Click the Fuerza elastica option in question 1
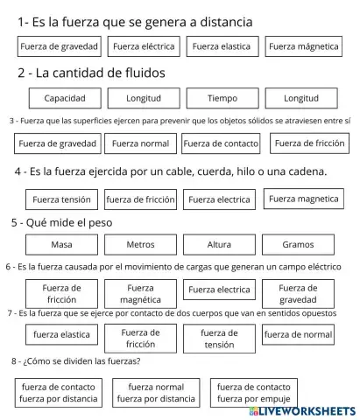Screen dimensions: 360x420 pos(221,46)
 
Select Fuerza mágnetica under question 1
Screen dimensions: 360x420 pos(304,46)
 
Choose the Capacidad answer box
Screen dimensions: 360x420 pos(65,98)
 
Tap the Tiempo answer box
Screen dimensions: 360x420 pos(222,98)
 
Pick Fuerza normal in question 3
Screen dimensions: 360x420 pos(140,143)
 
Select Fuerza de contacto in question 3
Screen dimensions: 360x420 pos(221,143)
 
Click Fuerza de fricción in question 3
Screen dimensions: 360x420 pos(309,143)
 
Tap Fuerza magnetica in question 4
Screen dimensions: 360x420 pos(303,199)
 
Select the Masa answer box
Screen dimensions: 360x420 pos(61,244)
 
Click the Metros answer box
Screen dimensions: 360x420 pos(140,244)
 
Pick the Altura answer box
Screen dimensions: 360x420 pos(219,244)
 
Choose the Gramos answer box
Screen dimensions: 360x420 pos(298,244)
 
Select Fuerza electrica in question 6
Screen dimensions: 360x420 pos(219,290)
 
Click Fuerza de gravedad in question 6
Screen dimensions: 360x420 pos(298,293)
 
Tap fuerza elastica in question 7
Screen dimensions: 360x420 pos(61,334)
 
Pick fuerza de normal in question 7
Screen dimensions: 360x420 pos(298,334)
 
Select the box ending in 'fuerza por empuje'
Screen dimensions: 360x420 pos(254,392)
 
